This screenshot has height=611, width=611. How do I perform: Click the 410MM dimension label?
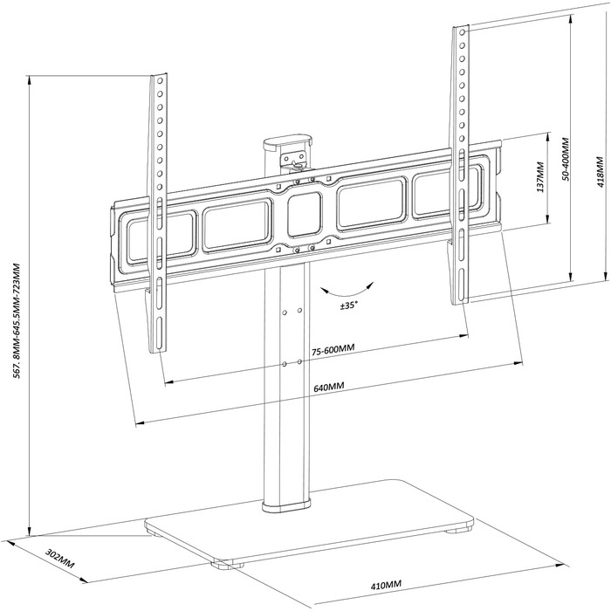click(x=386, y=584)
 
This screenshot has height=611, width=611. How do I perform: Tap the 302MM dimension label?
click(x=60, y=559)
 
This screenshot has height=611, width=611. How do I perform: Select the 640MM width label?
click(x=328, y=387)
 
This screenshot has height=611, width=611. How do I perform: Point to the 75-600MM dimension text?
click(x=333, y=349)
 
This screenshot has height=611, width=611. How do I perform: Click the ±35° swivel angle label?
click(x=349, y=305)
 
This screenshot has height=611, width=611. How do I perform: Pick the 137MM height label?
click(x=540, y=178)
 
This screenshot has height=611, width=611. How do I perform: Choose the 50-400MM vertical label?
click(x=566, y=159)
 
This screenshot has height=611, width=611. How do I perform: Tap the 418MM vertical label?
click(x=601, y=172)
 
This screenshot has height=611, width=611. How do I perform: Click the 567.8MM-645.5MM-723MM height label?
click(x=17, y=320)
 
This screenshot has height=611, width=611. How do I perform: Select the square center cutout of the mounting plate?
click(x=305, y=215)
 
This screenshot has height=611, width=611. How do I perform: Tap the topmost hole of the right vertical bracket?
click(x=463, y=32)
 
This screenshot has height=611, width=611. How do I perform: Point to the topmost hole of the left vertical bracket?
click(x=160, y=81)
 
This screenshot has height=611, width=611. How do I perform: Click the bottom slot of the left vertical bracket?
click(x=159, y=333)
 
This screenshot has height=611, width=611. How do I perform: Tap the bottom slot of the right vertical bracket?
click(x=462, y=285)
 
